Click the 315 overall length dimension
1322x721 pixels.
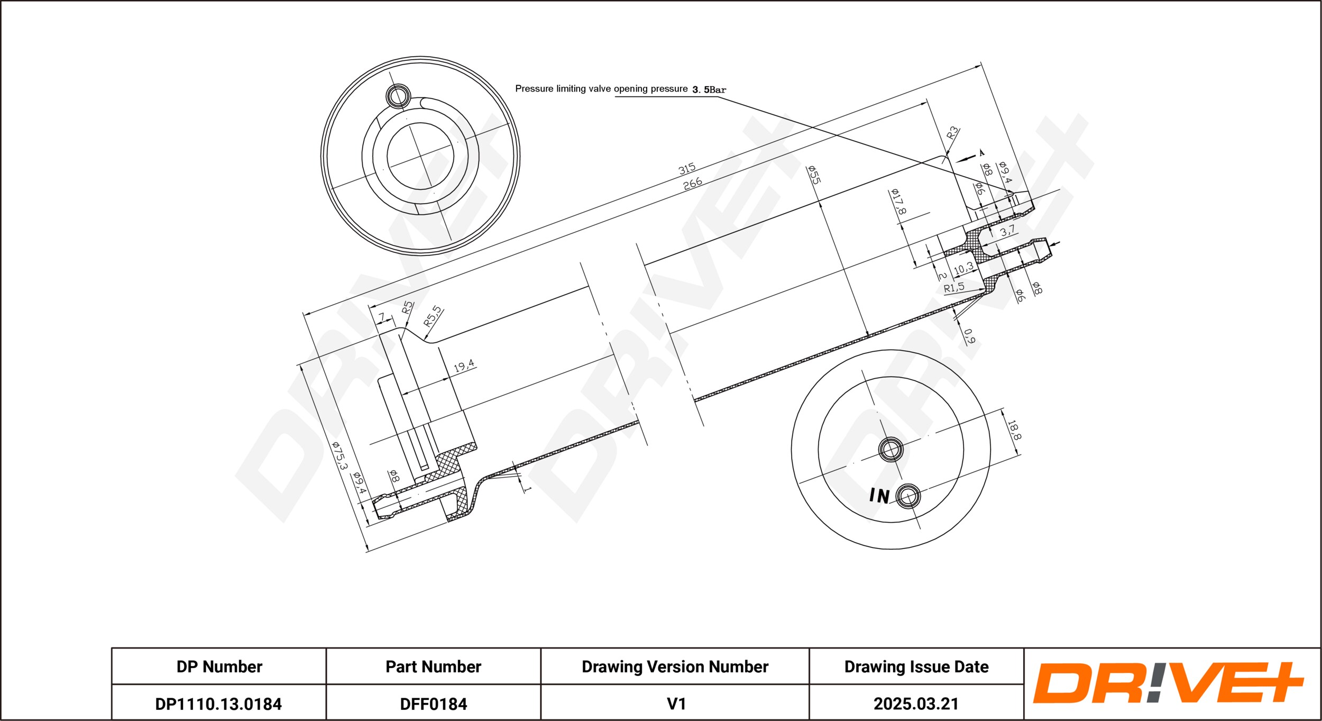pyautogui.click(x=687, y=169)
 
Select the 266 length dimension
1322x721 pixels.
pyautogui.click(x=692, y=183)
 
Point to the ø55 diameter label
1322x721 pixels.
pyautogui.click(x=813, y=175)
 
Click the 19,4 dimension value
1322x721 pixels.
pyautogui.click(x=464, y=365)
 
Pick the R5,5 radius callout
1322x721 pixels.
pyautogui.click(x=433, y=316)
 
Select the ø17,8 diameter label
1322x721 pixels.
pyautogui.click(x=898, y=201)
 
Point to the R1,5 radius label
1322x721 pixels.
pyautogui.click(x=954, y=288)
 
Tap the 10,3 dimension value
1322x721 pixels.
pyautogui.click(x=963, y=269)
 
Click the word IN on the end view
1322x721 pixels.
pyautogui.click(x=879, y=496)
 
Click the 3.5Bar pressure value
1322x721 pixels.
pyautogui.click(x=709, y=90)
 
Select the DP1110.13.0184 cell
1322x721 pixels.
pyautogui.click(x=218, y=704)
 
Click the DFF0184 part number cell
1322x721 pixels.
pyautogui.click(x=433, y=704)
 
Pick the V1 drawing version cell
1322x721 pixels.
pyautogui.click(x=676, y=704)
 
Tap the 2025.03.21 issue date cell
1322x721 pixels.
pyautogui.click(x=916, y=704)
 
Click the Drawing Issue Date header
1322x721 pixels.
pyautogui.click(x=916, y=667)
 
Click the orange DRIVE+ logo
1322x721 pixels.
pyautogui.click(x=1168, y=683)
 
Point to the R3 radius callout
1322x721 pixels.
pyautogui.click(x=952, y=132)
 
